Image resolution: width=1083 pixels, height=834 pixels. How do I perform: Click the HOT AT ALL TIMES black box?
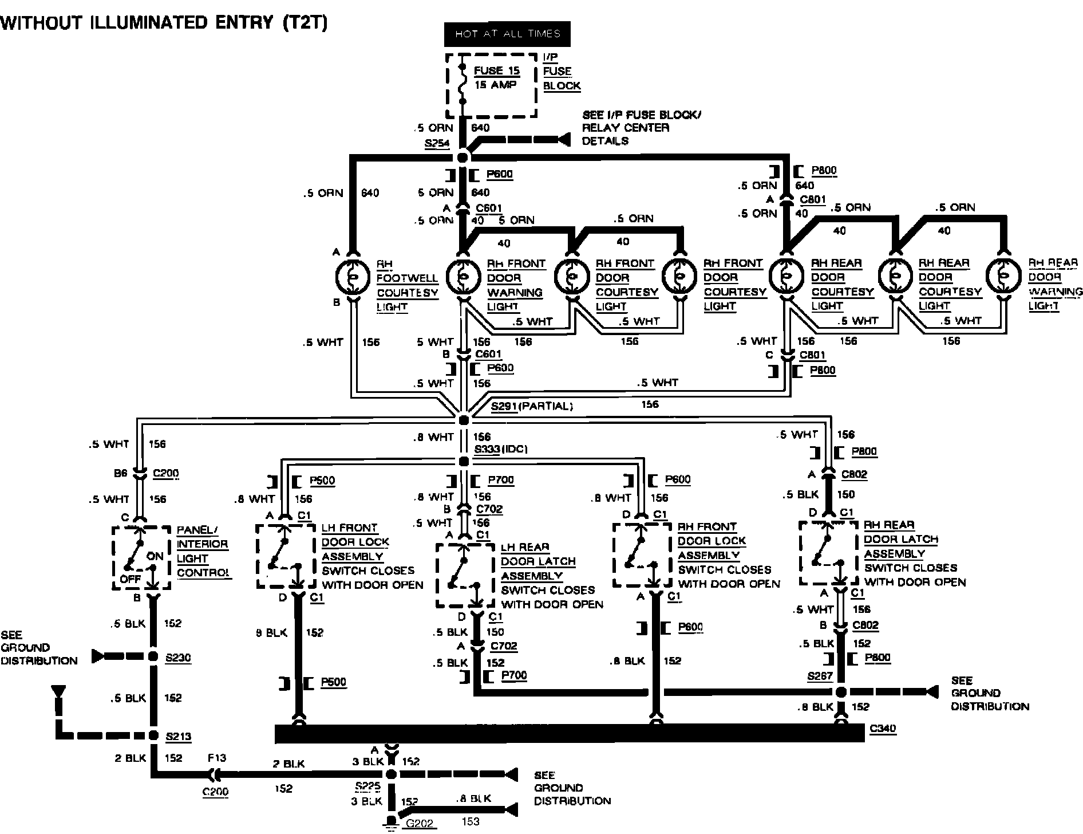tap(507, 34)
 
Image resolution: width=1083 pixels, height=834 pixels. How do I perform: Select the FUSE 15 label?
tap(497, 70)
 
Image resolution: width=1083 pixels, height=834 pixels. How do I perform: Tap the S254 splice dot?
tap(463, 158)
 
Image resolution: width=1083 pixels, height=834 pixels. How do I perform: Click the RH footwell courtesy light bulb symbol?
tap(353, 277)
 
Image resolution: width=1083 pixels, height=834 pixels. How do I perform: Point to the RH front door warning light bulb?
tap(463, 277)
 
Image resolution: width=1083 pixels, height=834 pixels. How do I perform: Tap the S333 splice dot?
tap(464, 461)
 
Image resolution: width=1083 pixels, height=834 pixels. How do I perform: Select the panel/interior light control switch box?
tap(141, 557)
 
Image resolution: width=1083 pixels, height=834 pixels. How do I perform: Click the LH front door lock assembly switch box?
tap(285, 556)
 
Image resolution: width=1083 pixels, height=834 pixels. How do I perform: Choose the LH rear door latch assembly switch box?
tap(465, 575)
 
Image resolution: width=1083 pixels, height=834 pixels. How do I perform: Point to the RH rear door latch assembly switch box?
tap(828, 553)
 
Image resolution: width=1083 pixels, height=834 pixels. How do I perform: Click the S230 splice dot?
tap(153, 656)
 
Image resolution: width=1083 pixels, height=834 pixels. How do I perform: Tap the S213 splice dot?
tap(153, 735)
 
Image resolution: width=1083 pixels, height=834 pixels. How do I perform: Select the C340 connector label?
tap(882, 729)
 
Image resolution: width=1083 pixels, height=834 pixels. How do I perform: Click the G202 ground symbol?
tap(392, 823)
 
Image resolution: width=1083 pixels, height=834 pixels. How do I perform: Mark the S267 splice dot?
tap(840, 692)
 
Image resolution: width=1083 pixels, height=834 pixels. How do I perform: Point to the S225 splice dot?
tap(392, 775)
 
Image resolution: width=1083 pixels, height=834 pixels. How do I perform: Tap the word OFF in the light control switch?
tap(130, 579)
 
